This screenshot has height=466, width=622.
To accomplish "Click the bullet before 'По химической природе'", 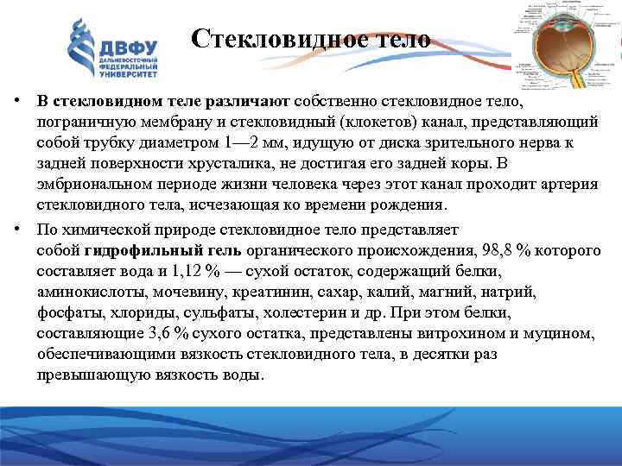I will pyautogui.click(x=16, y=230).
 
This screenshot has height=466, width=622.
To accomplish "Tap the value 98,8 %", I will pyautogui.click(x=512, y=250).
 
